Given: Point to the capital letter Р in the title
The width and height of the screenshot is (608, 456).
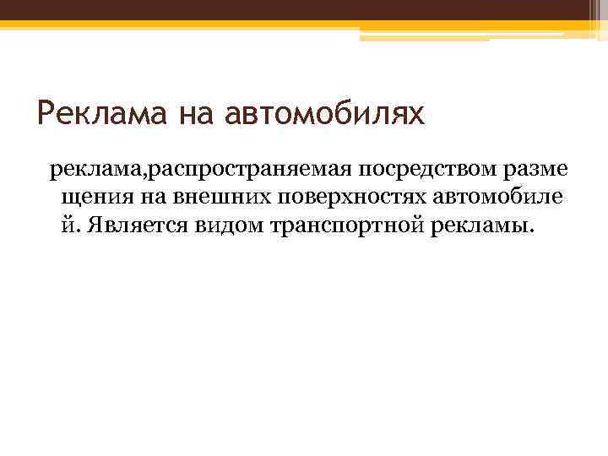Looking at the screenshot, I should pyautogui.click(x=48, y=111).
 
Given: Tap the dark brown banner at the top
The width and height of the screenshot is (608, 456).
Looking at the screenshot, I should pyautogui.click(x=304, y=9).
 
